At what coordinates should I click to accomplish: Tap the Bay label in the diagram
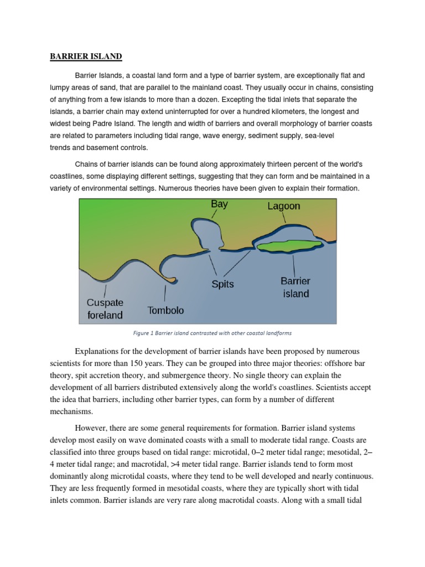pyautogui.click(x=219, y=204)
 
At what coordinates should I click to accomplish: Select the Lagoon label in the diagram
pyautogui.click(x=283, y=206)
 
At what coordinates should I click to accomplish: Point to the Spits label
pyautogui.click(x=222, y=284)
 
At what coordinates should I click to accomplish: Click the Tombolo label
pyautogui.click(x=165, y=310)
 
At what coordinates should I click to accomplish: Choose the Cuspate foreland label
pyautogui.click(x=105, y=309)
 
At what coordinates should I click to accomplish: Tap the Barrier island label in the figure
pyautogui.click(x=296, y=287)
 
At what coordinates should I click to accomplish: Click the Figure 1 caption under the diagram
pyautogui.click(x=212, y=333)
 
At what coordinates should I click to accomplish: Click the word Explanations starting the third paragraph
pyautogui.click(x=101, y=352)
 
